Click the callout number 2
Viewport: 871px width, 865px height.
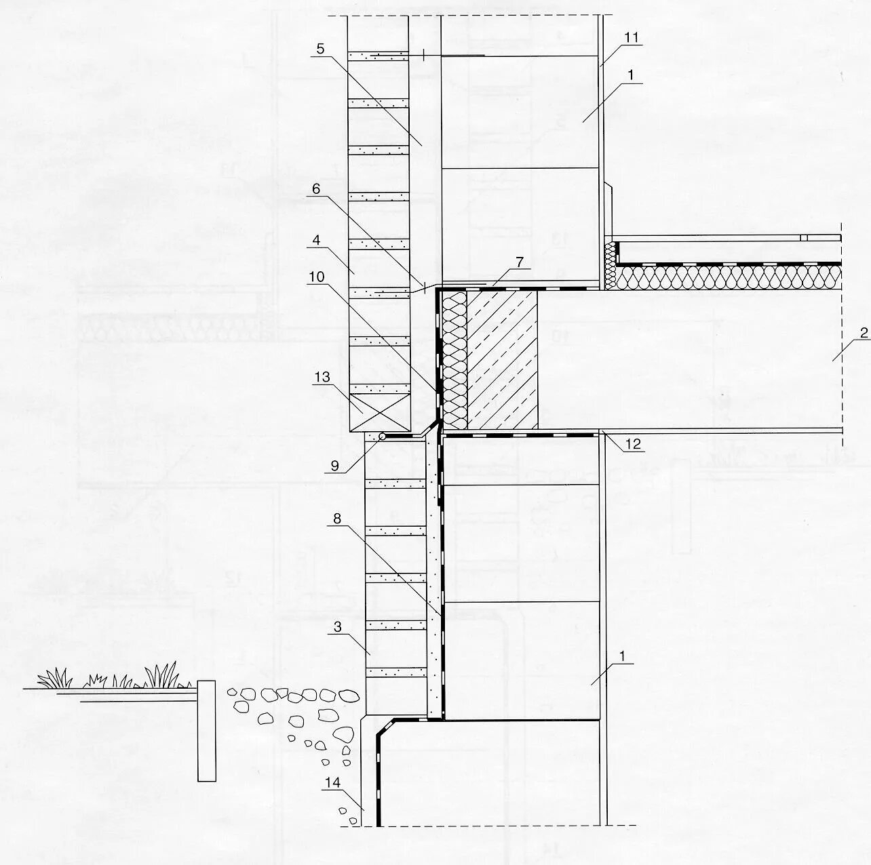pyautogui.click(x=864, y=334)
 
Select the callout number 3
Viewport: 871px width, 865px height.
pyautogui.click(x=338, y=628)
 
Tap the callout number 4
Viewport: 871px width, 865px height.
pyautogui.click(x=317, y=240)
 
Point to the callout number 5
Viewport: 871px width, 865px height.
pyautogui.click(x=320, y=49)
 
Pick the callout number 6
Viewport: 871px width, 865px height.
pyautogui.click(x=317, y=189)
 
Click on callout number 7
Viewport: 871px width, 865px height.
pyautogui.click(x=520, y=261)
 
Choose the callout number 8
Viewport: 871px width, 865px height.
pyautogui.click(x=337, y=519)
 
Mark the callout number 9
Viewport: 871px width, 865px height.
pyautogui.click(x=334, y=466)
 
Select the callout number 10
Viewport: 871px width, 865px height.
pyautogui.click(x=317, y=277)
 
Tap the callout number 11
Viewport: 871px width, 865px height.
pyautogui.click(x=632, y=38)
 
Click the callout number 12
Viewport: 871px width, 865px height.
pyautogui.click(x=632, y=445)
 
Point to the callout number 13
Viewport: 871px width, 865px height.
pyautogui.click(x=322, y=377)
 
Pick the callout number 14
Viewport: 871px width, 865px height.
pyautogui.click(x=332, y=783)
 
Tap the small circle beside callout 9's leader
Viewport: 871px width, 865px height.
pyautogui.click(x=382, y=437)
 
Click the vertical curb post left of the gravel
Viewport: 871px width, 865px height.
pyautogui.click(x=206, y=731)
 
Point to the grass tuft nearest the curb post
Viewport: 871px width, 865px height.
pyautogui.click(x=161, y=676)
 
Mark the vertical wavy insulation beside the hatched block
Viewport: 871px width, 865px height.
pyautogui.click(x=454, y=360)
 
